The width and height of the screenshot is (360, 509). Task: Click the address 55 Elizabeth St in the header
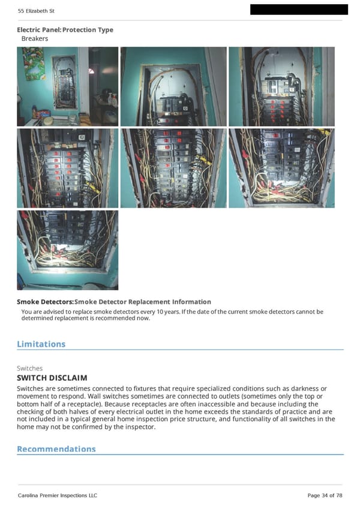coord(36,11)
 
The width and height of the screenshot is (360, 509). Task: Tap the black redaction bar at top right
coord(298,9)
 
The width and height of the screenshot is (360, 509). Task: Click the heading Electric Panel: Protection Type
coord(65,30)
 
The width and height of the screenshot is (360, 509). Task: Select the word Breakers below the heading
coord(35,38)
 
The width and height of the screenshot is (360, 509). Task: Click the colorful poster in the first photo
coord(34,64)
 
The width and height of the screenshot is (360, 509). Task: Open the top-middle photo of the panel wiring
coord(173,86)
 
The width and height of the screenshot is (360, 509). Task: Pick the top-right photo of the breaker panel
coord(281,86)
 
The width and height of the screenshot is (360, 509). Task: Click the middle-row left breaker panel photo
coord(67,168)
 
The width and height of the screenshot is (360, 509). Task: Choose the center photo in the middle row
coord(173,168)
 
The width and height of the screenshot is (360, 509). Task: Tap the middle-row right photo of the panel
coord(281,168)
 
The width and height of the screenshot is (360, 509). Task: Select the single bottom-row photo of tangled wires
coord(67,249)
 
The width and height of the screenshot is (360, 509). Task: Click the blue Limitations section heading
coord(41,344)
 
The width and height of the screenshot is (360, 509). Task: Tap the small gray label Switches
coord(29,368)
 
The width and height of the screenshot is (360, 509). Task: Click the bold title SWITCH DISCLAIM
coord(52,378)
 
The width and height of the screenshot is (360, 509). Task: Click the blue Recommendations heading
coord(56,449)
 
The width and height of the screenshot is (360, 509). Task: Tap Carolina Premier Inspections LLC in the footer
coord(57,495)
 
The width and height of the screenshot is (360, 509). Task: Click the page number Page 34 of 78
coord(325,495)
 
